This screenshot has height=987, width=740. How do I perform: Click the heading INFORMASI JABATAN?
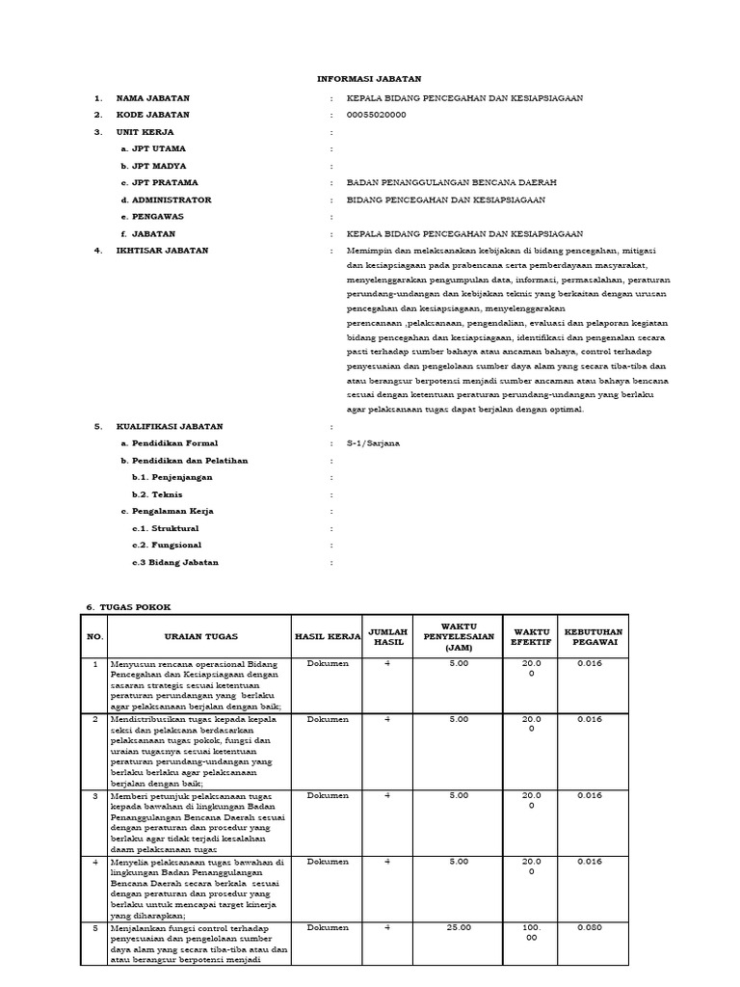pos(369,79)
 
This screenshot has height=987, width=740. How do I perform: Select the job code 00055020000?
pos(376,115)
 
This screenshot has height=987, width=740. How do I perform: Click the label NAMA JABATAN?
pos(152,98)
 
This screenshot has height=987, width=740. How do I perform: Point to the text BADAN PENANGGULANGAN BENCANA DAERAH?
pos(451,182)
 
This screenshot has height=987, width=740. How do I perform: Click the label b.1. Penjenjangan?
pos(172,477)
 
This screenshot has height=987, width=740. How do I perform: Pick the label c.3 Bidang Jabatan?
pos(175,562)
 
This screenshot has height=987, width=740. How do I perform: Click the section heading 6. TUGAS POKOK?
pos(128,607)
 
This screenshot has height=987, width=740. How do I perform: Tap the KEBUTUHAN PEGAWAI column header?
pos(594,637)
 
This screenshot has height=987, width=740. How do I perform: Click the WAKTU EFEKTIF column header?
pos(531,637)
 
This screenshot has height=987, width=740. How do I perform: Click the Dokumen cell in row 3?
pos(328,795)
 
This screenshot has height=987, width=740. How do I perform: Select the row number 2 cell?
pos(94,719)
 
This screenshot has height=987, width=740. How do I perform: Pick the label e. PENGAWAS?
pos(152,217)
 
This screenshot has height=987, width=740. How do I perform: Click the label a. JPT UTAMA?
pos(153,149)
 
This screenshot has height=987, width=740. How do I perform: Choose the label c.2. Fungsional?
pos(168,546)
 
